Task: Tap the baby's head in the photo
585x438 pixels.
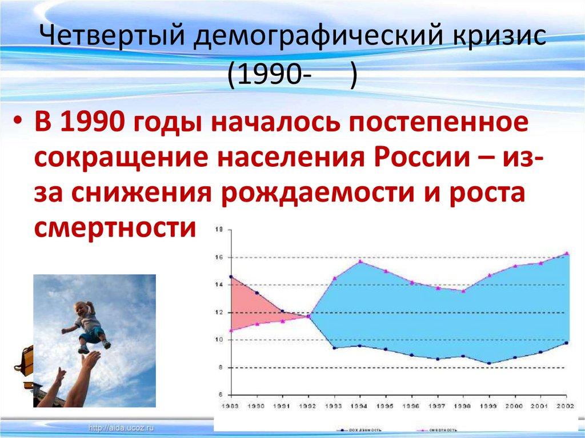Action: (84, 310)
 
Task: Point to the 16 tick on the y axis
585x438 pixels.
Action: (218, 257)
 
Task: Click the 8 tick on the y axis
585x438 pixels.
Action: (218, 367)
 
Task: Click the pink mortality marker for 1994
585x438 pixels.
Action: (360, 261)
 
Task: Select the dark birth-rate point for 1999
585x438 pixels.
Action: (488, 363)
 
